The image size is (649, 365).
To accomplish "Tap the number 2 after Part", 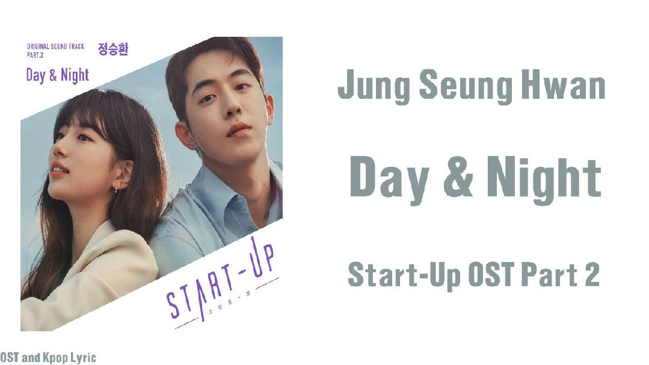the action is point(592,274).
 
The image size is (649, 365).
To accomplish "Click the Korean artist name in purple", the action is point(113,48).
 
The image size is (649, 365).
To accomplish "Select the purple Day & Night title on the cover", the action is point(58,76).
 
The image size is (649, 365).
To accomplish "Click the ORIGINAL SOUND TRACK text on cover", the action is point(55,46).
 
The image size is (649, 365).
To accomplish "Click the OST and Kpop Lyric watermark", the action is point(48,358).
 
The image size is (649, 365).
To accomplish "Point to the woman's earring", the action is point(115,189).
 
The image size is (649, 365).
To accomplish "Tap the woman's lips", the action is point(58,170).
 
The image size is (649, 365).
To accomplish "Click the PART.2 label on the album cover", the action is point(35,55).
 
